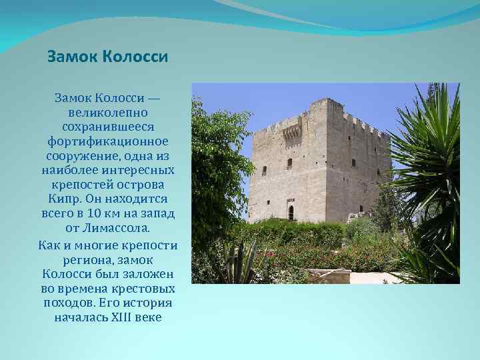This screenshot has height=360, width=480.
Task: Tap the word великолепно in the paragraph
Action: coord(107,113)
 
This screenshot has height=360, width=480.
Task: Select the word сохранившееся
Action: coord(107,127)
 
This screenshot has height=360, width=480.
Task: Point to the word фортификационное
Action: coord(107,142)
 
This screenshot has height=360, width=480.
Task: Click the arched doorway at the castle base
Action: coord(291,213)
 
